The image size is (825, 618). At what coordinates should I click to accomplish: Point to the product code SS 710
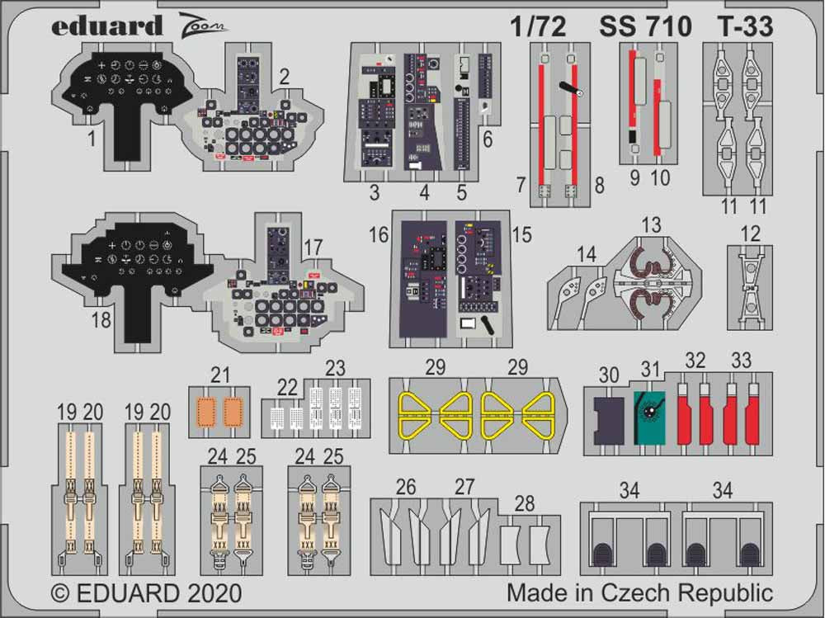click(645, 27)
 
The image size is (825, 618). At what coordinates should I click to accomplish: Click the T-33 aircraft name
click(745, 27)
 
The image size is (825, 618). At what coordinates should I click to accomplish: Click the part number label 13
click(651, 225)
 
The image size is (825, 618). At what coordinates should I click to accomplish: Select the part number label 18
click(101, 321)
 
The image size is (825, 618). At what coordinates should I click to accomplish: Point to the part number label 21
click(219, 375)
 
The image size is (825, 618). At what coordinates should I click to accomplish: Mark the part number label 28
click(523, 504)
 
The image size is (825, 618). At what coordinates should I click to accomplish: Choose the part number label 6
click(488, 140)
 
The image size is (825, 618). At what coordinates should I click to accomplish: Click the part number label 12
click(750, 235)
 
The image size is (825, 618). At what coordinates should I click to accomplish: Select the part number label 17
click(313, 247)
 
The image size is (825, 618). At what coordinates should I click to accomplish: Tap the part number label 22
click(286, 388)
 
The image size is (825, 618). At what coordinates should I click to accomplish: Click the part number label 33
click(741, 361)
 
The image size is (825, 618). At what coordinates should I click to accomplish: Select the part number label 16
click(379, 236)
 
